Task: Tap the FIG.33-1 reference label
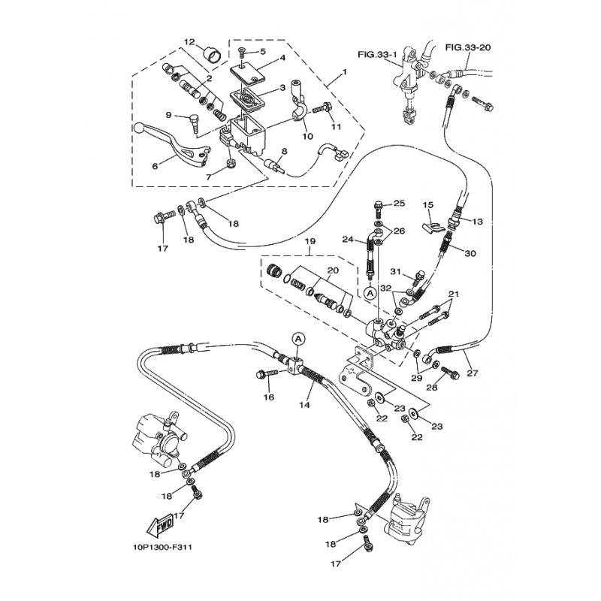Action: point(376,54)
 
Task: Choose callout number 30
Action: point(470,254)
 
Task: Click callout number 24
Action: point(348,240)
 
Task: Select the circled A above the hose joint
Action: point(297,340)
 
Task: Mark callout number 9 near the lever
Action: point(168,115)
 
